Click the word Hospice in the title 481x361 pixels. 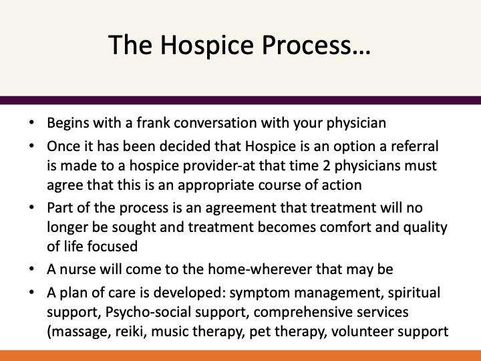(x=206, y=45)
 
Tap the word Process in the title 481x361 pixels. (x=315, y=45)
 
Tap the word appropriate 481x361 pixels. (x=216, y=186)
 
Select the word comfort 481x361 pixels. (x=345, y=227)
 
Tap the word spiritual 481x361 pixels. (x=414, y=293)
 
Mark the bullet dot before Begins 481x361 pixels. (x=31, y=122)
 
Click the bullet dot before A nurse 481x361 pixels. (x=31, y=269)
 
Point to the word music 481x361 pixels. (x=170, y=332)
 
